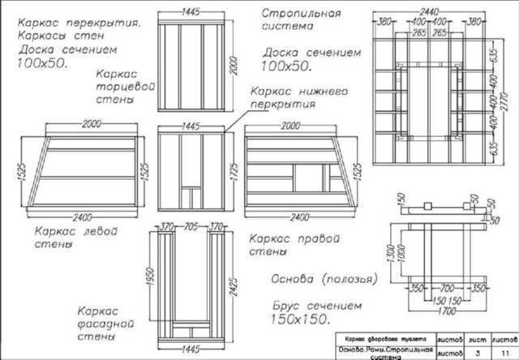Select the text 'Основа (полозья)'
click(316, 279)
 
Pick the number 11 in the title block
click(506, 354)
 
